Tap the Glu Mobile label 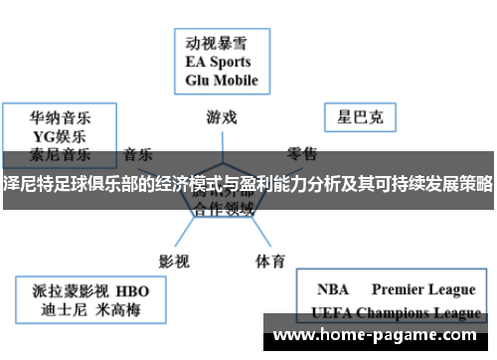222,80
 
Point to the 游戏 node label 221,116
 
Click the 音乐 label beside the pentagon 137,154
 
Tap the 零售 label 302,154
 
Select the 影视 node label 175,234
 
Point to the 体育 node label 270,234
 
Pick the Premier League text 423,289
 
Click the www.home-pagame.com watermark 377,335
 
